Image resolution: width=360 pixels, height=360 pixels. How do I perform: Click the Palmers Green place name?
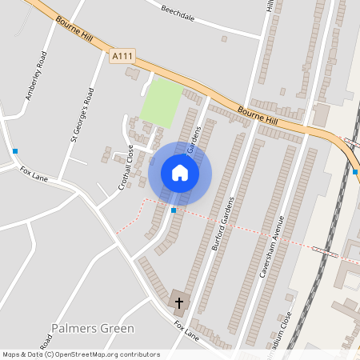pos(92,328)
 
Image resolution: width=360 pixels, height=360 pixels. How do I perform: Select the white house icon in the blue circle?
pos(180,173)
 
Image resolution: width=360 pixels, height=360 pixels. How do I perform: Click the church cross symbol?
pos(179,302)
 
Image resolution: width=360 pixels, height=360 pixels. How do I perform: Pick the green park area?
pos(161,102)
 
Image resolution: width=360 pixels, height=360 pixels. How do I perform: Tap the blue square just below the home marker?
pos(174,210)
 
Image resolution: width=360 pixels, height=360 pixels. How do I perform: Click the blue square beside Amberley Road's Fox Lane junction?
pos(15,150)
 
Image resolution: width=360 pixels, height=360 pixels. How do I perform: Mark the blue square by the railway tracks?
pos(355,171)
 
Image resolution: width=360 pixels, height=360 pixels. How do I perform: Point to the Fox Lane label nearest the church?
pos(186,329)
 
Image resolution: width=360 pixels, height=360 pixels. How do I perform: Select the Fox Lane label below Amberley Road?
pos(34,174)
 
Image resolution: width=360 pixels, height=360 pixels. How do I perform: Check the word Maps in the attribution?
pos(12,354)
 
